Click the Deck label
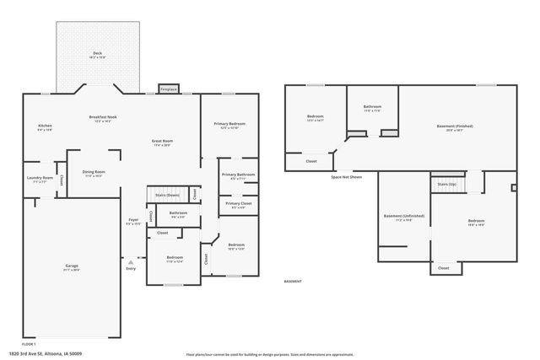point(96,53)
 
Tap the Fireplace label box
point(169,89)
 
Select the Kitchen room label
point(45,126)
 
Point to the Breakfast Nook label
point(103,117)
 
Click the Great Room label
point(162,141)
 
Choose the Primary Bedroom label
point(232,124)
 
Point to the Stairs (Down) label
point(167,194)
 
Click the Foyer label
point(133,222)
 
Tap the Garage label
point(72,266)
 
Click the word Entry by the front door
point(131,269)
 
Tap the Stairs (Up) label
point(446,183)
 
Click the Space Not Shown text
point(347,177)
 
